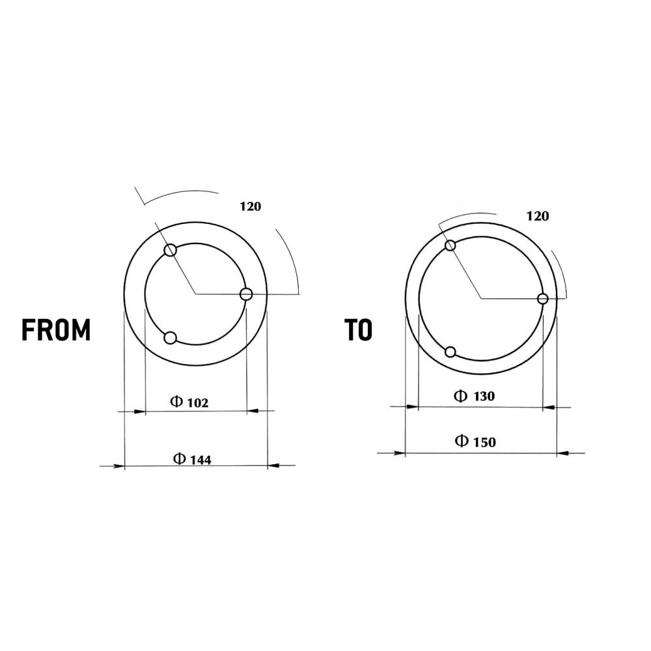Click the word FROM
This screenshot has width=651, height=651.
(x=56, y=330)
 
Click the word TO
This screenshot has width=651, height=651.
(x=358, y=330)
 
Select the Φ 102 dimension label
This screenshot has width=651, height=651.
(x=189, y=402)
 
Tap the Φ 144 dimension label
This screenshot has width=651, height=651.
(x=192, y=459)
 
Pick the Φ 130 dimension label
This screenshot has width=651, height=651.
(x=475, y=396)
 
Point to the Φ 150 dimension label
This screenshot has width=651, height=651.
(x=476, y=441)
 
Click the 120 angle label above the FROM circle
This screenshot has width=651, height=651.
(x=251, y=206)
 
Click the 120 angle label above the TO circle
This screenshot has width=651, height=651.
(x=538, y=216)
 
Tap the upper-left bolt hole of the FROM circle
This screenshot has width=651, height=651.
(x=171, y=251)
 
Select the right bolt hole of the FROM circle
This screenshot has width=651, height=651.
(x=246, y=294)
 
